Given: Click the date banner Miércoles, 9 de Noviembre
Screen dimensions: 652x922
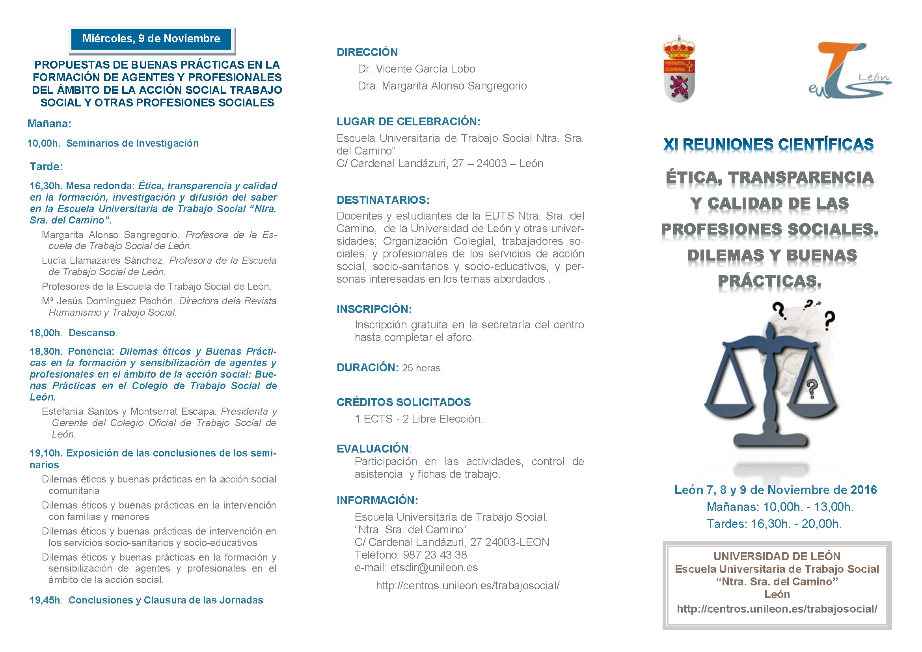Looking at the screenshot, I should [x=151, y=39].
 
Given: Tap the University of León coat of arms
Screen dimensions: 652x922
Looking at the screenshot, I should [x=679, y=69].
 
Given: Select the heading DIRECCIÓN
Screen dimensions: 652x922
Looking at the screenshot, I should [x=367, y=52].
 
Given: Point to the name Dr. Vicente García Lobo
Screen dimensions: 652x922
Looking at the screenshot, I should [x=416, y=69].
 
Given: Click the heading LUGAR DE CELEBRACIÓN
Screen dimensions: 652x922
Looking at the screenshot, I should [x=408, y=122].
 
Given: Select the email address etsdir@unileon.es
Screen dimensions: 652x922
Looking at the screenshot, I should [x=434, y=568].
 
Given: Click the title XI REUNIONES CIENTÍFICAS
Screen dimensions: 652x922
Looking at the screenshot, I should [x=768, y=145].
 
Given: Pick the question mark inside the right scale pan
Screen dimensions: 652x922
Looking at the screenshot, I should [x=812, y=388].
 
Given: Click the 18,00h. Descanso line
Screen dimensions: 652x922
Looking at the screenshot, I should [x=73, y=333].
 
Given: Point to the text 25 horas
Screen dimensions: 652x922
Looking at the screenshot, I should [x=422, y=368].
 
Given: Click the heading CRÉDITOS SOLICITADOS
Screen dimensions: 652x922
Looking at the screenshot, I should [x=403, y=402].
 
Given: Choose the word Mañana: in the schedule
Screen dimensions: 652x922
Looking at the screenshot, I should [x=49, y=124].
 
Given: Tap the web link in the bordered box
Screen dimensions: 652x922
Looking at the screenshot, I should [x=777, y=609].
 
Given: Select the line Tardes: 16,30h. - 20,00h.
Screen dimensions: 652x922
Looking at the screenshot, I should [x=774, y=524].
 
